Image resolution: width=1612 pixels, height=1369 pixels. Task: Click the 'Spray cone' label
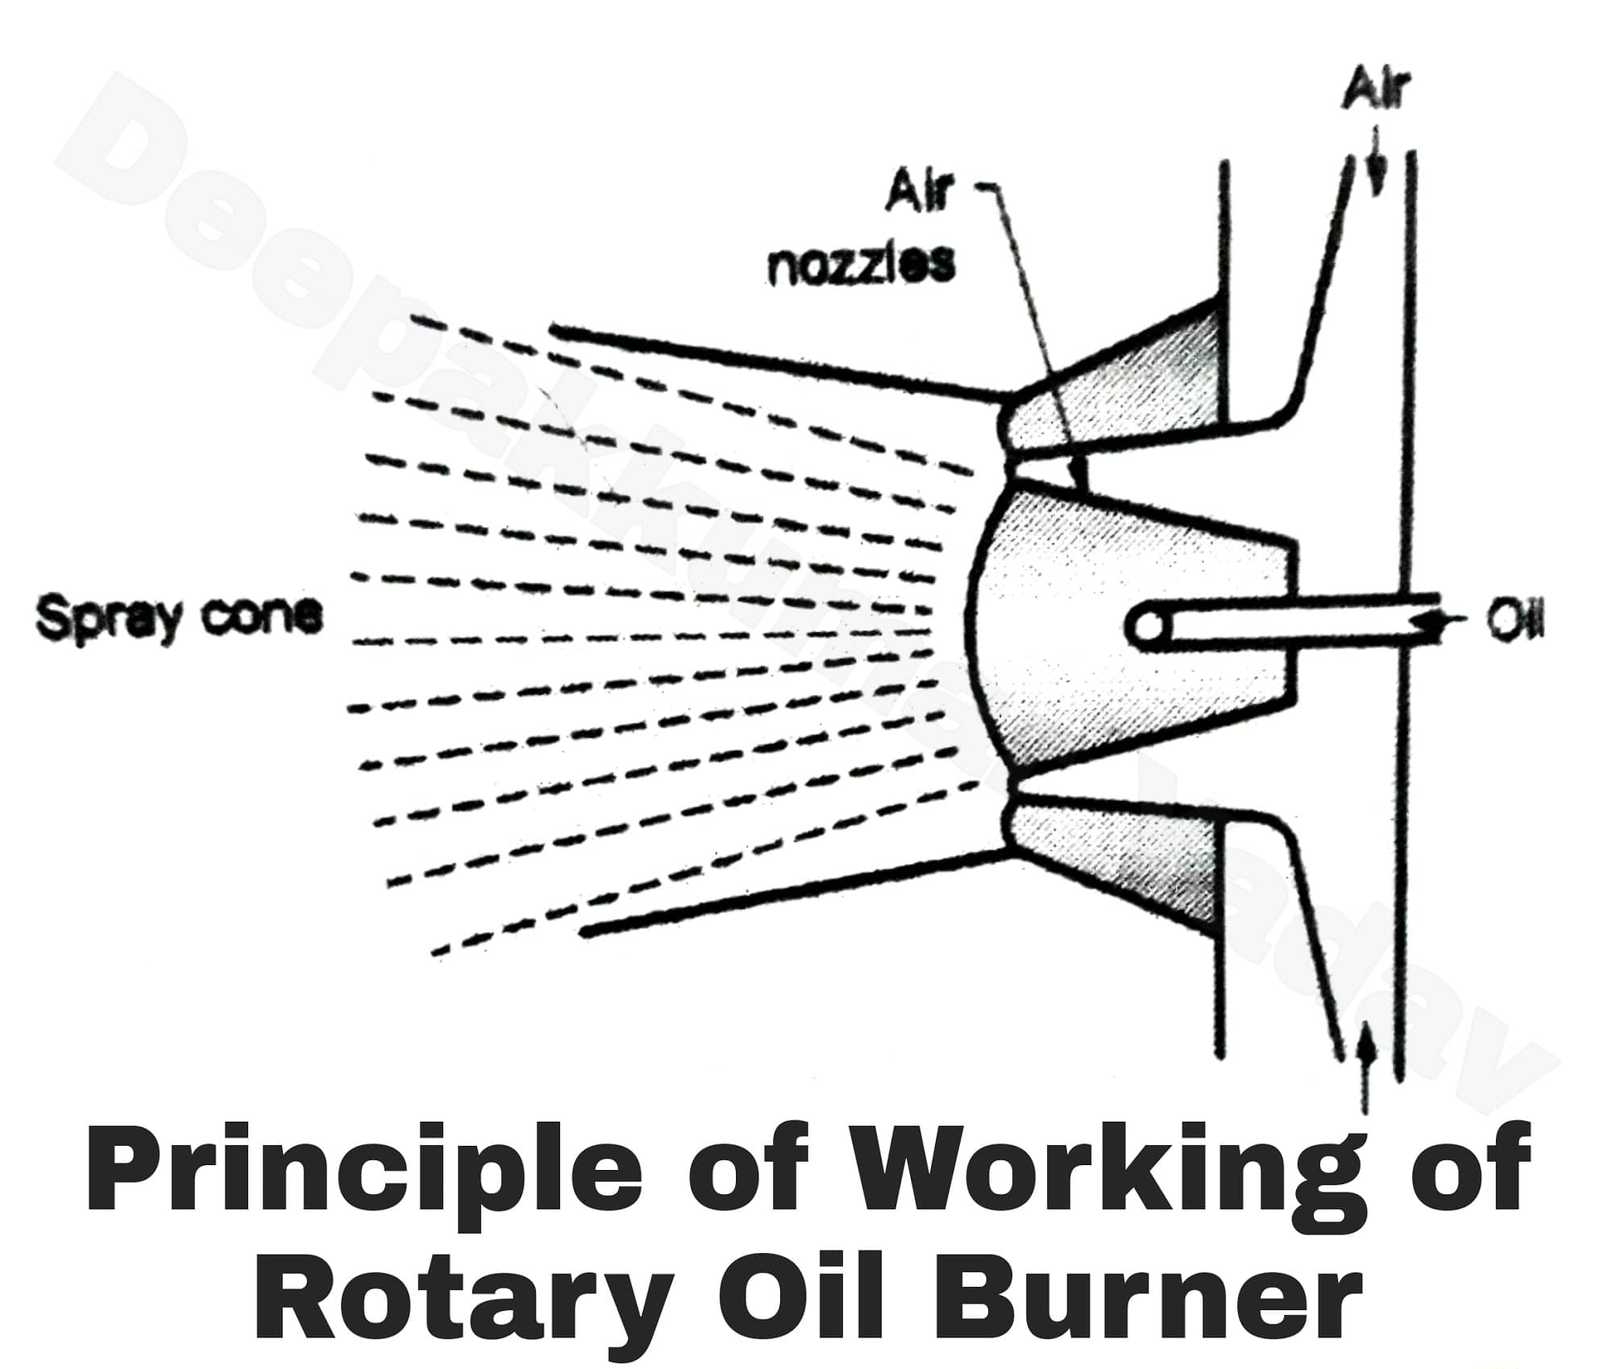tap(179, 620)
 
